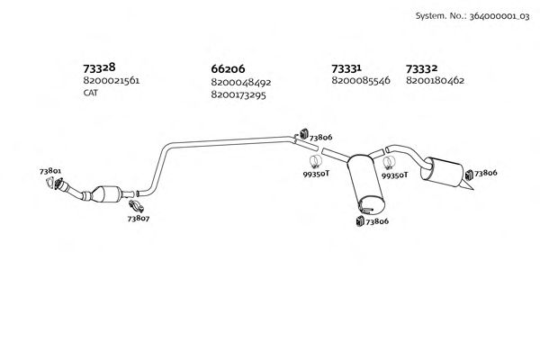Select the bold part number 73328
tap(99, 67)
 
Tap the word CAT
tap(90, 94)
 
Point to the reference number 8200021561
tap(111, 81)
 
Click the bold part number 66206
tap(228, 68)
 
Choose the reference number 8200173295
tap(238, 94)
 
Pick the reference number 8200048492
tap(240, 82)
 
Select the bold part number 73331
tap(346, 68)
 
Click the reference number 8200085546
tap(360, 81)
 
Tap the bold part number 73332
tap(422, 68)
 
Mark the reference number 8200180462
tap(435, 81)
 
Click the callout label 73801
tap(50, 171)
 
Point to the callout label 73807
tap(138, 218)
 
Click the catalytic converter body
tap(109, 193)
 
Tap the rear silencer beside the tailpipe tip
tap(443, 171)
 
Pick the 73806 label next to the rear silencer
tap(486, 172)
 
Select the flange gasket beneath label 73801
tap(53, 184)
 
